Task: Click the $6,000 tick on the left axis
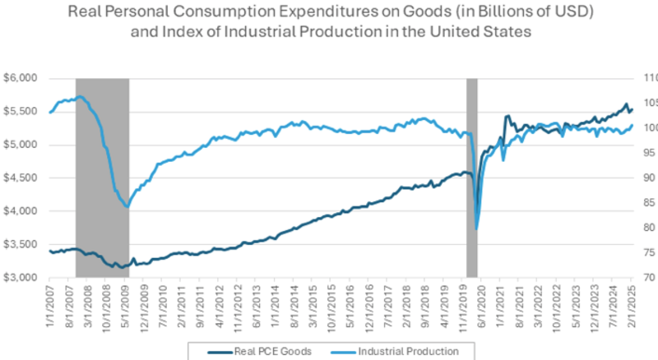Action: point(24,78)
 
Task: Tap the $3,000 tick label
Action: point(24,278)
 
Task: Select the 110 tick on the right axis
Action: point(646,78)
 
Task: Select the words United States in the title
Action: point(482,32)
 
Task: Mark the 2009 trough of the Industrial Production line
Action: point(127,206)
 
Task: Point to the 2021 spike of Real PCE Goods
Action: point(507,117)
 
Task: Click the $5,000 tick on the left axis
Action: point(24,145)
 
